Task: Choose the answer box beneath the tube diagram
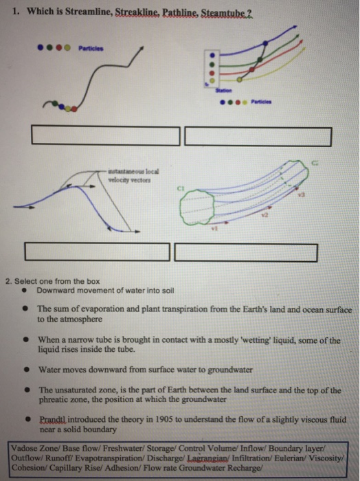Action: click(x=245, y=252)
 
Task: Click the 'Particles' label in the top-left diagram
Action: click(x=91, y=49)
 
